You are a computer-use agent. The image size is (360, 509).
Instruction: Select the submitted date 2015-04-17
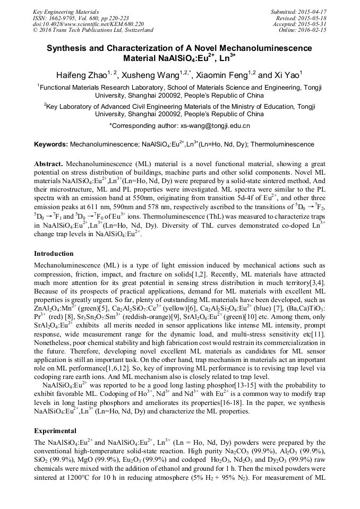click(x=311, y=11)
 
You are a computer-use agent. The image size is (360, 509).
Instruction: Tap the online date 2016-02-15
click(x=311, y=30)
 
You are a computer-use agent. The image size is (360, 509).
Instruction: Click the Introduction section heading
click(x=54, y=254)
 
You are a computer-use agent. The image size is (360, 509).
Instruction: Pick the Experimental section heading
click(x=55, y=430)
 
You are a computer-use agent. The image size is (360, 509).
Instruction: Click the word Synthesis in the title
click(x=67, y=48)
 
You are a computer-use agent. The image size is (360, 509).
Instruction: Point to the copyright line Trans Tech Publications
click(x=93, y=30)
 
